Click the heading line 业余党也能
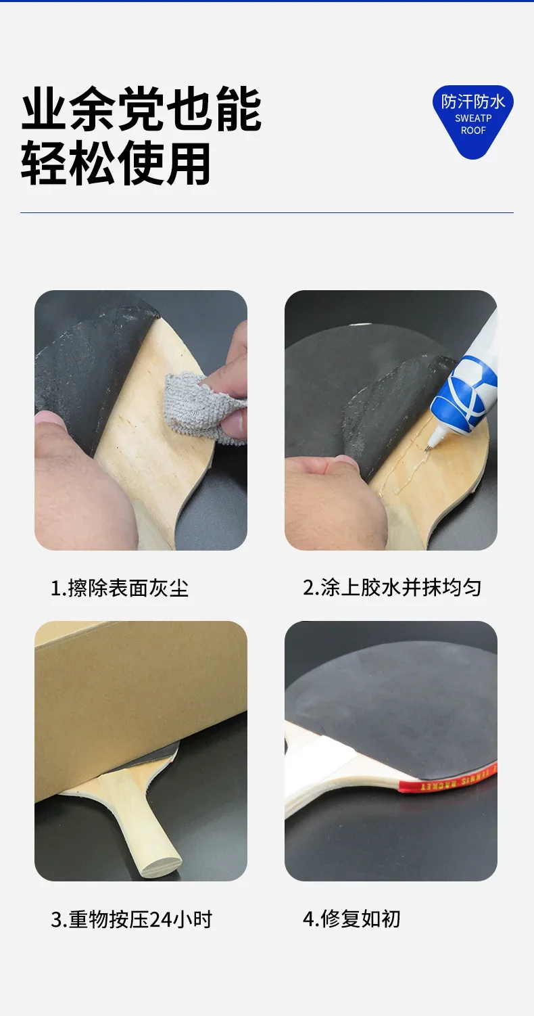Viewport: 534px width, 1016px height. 141,110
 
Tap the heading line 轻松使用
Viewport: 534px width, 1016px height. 116,162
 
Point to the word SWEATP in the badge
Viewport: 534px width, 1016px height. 473,118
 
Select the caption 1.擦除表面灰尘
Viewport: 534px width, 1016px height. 120,588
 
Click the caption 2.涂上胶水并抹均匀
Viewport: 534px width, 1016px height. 392,587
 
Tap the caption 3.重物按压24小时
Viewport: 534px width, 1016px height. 131,919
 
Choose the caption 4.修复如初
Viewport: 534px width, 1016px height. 351,919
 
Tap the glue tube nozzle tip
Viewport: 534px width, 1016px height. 427,450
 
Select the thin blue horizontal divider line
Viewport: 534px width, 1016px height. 267,212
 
